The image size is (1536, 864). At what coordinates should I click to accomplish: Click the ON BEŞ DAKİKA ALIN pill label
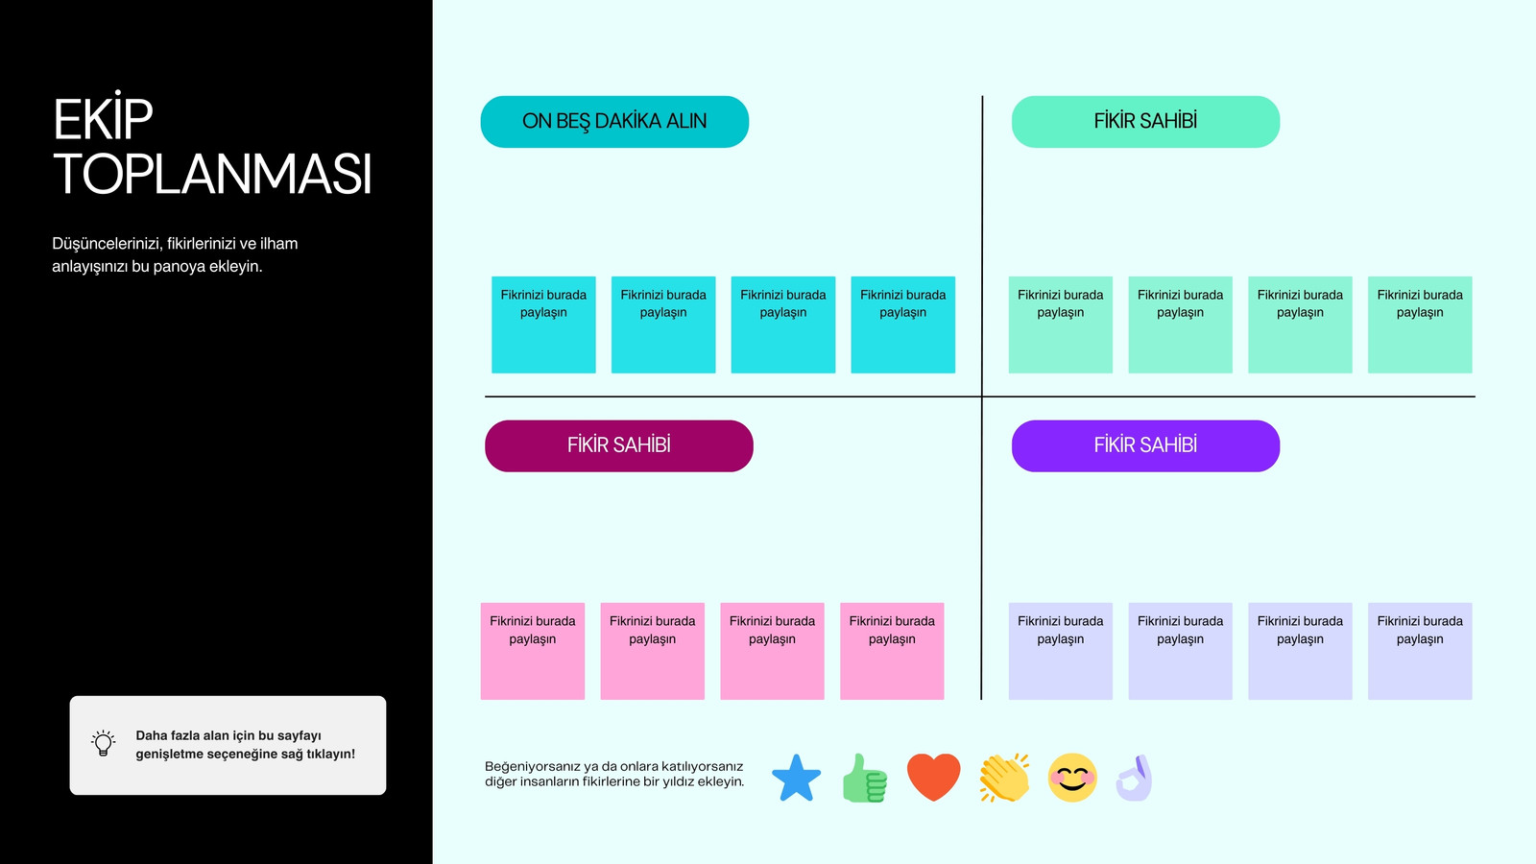[x=614, y=121]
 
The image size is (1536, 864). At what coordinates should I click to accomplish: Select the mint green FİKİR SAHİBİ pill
[x=1145, y=121]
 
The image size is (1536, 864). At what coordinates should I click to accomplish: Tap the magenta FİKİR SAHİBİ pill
[x=618, y=445]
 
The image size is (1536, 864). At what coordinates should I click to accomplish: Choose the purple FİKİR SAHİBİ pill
[x=1145, y=445]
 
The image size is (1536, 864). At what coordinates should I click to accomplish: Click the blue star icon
[x=796, y=779]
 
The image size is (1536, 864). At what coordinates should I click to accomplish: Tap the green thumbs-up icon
[x=865, y=779]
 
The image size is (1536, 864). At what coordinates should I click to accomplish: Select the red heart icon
[x=934, y=777]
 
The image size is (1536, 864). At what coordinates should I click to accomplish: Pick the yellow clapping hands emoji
[x=1004, y=778]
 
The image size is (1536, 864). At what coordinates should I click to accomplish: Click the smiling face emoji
[x=1072, y=778]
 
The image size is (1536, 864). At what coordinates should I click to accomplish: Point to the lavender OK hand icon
[x=1135, y=779]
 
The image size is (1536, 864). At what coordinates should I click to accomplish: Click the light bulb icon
[x=104, y=743]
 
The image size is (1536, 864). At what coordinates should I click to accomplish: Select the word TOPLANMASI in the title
[x=212, y=174]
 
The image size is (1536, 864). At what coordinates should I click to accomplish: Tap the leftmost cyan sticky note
[x=543, y=325]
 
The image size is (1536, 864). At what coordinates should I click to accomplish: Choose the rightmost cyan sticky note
[x=903, y=325]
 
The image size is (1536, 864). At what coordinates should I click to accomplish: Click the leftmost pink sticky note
[x=533, y=652]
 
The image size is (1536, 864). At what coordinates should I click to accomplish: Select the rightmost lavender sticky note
[x=1420, y=652]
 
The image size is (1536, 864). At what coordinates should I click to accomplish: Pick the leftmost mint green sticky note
[x=1061, y=325]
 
